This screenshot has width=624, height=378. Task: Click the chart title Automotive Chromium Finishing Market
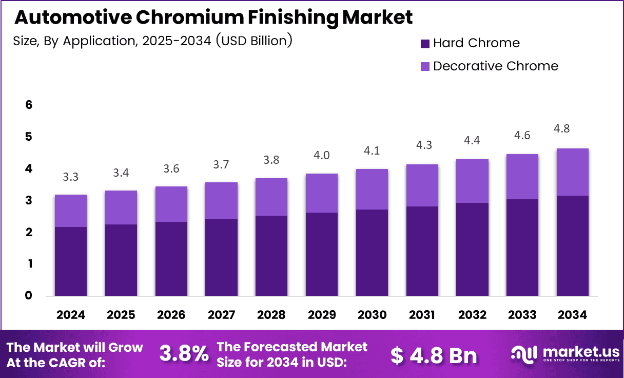[x=213, y=17]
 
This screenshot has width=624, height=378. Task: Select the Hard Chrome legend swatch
[x=425, y=44]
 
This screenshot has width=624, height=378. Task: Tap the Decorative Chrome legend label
[x=495, y=66]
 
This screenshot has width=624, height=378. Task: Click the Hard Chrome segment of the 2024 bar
[x=71, y=261]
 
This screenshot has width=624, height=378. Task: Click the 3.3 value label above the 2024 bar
[x=71, y=177]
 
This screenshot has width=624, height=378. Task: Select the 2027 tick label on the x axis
[x=221, y=315]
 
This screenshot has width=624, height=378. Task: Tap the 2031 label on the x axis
[x=422, y=315]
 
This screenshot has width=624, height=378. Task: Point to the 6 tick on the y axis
[x=29, y=105]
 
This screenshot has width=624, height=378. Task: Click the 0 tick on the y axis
[x=29, y=295]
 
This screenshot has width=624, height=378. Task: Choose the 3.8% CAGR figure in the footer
[x=184, y=354]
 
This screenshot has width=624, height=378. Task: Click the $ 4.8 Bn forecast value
[x=433, y=355]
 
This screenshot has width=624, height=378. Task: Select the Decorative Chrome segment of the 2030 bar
[x=372, y=189]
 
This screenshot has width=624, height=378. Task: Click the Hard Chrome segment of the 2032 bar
[x=473, y=249]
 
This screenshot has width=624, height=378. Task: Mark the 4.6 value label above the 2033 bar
[x=523, y=136]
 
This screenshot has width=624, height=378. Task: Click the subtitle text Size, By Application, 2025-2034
[x=152, y=41]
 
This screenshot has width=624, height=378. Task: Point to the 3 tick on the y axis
[x=29, y=200]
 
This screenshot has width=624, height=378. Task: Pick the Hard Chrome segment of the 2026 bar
[x=171, y=258]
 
